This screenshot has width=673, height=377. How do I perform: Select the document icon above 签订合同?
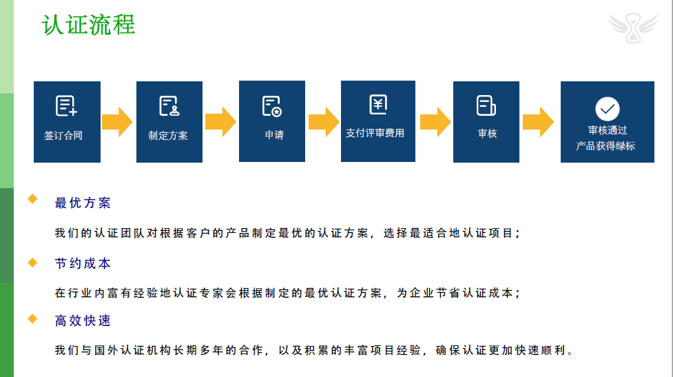66,105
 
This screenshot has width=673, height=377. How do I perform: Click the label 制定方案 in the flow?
168,135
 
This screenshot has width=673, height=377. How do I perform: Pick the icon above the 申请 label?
271,105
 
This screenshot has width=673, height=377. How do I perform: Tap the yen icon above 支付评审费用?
378,104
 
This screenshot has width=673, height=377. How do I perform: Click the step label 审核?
487,134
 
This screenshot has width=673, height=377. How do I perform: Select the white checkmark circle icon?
607,108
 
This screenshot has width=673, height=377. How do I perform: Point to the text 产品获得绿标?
607,146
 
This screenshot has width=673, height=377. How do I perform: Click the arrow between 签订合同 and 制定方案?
117,122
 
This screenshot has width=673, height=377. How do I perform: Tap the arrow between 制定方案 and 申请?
220,122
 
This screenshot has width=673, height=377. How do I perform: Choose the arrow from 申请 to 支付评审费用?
323,122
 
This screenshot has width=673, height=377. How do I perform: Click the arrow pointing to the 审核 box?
435,122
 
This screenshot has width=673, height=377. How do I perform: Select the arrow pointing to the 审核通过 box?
539,122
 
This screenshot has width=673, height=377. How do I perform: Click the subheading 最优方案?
83,203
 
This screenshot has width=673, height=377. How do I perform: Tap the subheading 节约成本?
83,264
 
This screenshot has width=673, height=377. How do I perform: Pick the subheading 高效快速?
83,321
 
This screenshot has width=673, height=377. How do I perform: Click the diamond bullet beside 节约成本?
32,262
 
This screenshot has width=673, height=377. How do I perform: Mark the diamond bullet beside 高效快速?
32,318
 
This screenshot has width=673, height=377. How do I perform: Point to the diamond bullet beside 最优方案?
32,200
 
